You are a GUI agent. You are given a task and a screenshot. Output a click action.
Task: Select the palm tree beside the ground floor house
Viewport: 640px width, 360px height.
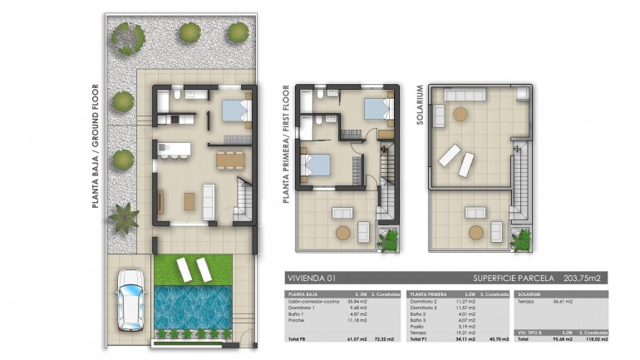(x=124, y=217)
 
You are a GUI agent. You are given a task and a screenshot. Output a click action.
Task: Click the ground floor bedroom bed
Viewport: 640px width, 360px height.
(x=234, y=110)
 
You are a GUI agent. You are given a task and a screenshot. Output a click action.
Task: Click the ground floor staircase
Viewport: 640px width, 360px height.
(x=244, y=200)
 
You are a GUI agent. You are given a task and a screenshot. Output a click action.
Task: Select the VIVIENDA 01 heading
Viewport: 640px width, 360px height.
(x=310, y=279)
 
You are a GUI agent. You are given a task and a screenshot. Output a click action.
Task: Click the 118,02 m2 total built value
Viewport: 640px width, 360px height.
(x=594, y=339)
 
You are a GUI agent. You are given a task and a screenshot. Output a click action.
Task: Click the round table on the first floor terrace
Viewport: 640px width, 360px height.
(x=342, y=233)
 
